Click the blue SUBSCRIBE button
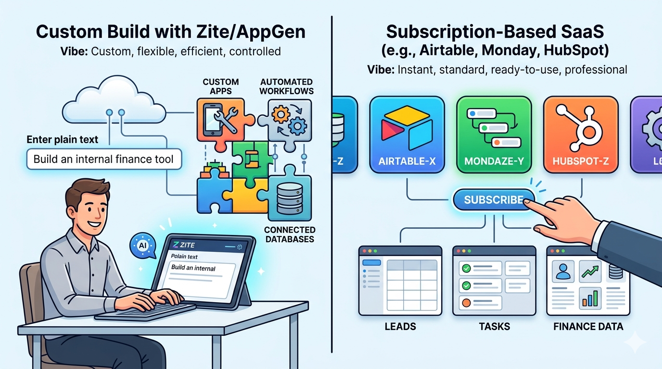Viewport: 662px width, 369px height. (x=494, y=200)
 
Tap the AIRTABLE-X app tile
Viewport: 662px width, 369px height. (x=407, y=134)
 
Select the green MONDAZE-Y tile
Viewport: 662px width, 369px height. (x=494, y=134)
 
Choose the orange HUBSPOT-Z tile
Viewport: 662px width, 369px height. (x=580, y=134)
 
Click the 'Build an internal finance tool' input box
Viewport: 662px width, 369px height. (x=103, y=159)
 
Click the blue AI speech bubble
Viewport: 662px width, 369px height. (x=142, y=246)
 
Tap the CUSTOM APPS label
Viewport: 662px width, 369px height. (x=221, y=86)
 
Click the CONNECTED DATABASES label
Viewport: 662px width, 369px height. (x=290, y=234)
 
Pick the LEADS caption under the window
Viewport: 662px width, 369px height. (x=400, y=327)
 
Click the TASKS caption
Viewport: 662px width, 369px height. (x=494, y=327)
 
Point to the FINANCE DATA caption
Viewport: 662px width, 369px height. (x=588, y=327)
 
